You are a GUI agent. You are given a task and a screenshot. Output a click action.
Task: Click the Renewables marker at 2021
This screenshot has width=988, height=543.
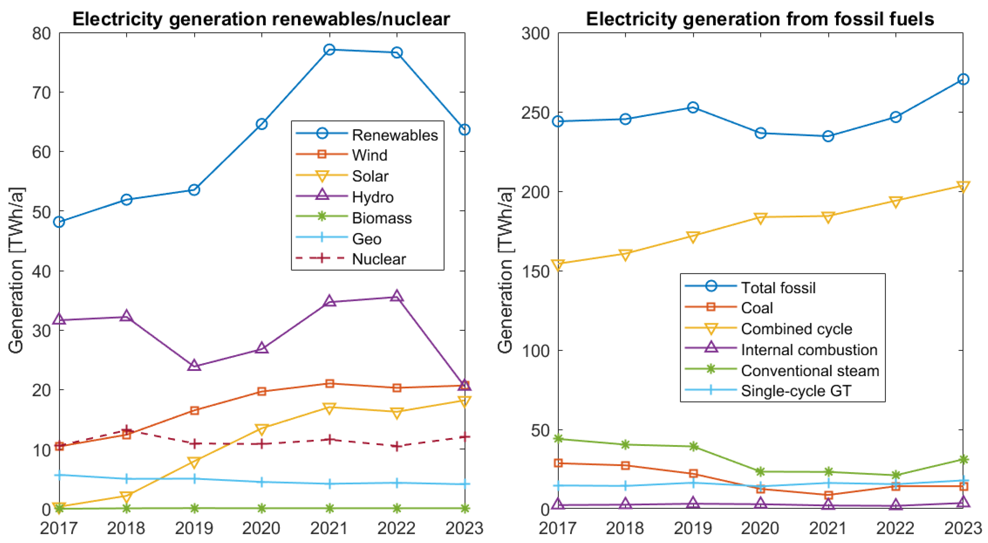click(x=329, y=49)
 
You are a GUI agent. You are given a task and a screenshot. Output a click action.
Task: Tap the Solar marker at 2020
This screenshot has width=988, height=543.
click(x=262, y=429)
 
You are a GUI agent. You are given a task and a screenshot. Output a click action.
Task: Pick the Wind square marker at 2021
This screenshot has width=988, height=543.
click(x=329, y=383)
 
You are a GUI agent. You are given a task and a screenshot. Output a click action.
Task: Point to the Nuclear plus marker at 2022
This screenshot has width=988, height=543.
click(x=397, y=446)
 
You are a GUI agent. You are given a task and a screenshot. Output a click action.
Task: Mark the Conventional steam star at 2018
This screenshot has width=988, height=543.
click(x=625, y=444)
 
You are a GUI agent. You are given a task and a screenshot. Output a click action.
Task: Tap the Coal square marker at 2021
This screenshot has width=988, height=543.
click(x=828, y=495)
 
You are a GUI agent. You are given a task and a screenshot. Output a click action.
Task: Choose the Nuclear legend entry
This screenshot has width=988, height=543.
click(x=378, y=259)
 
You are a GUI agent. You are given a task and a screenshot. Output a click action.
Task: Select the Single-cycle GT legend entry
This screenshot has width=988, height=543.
click(x=796, y=391)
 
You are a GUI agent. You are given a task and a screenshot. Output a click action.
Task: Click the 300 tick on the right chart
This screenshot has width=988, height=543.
click(x=535, y=34)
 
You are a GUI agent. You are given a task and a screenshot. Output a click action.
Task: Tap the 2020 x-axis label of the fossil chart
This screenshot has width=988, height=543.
click(x=760, y=528)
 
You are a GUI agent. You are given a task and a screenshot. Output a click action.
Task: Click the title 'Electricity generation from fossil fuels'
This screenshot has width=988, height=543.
click(x=760, y=19)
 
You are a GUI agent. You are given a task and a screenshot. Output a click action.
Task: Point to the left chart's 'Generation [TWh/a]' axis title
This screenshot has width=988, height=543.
click(x=16, y=270)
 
